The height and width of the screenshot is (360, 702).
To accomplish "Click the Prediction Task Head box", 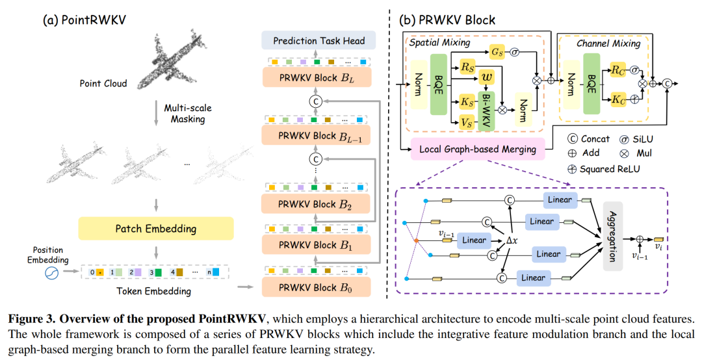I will pyautogui.click(x=319, y=41).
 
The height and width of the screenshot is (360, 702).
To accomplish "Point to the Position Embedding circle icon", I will pyautogui.click(x=53, y=274).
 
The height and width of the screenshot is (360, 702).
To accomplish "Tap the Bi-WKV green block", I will pyautogui.click(x=486, y=106).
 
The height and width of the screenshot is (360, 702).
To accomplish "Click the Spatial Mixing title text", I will pyautogui.click(x=437, y=42).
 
